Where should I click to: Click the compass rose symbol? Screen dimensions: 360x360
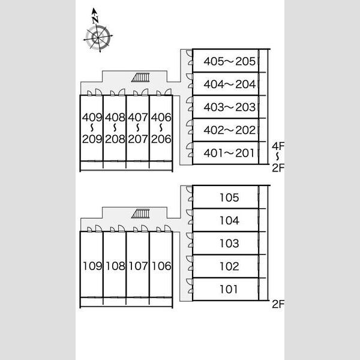coord(98,38)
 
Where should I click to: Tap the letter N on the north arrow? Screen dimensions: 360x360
coord(95,20)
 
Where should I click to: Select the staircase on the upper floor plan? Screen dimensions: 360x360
coord(140,77)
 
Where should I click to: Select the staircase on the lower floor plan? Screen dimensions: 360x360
coord(140,214)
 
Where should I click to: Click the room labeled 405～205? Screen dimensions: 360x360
coord(226,61)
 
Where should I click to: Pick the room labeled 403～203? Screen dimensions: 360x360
coord(226,107)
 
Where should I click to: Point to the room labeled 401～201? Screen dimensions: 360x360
coord(226,153)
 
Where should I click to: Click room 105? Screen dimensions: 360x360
coord(226,197)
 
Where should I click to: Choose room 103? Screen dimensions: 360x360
coord(226,243)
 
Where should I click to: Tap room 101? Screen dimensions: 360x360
coord(226,289)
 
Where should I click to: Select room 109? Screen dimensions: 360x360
coord(92,265)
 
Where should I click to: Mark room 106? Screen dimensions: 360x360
coord(161,265)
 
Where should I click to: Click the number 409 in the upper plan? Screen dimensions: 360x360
coord(92,118)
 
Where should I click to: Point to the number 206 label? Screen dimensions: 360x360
coord(161,139)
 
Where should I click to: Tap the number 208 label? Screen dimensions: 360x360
coord(115,139)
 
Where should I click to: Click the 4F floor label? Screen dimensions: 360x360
coord(278,146)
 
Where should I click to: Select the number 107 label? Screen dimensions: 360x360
coord(138,266)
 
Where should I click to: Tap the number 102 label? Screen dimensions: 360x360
coord(229,266)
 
